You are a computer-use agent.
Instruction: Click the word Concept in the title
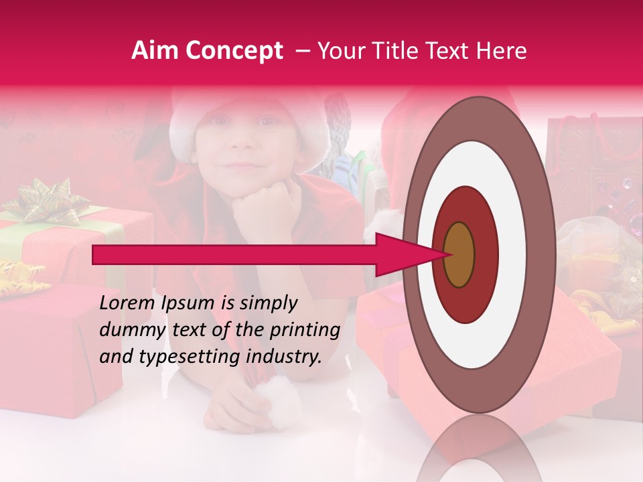(233, 52)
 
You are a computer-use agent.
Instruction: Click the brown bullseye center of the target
(459, 254)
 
